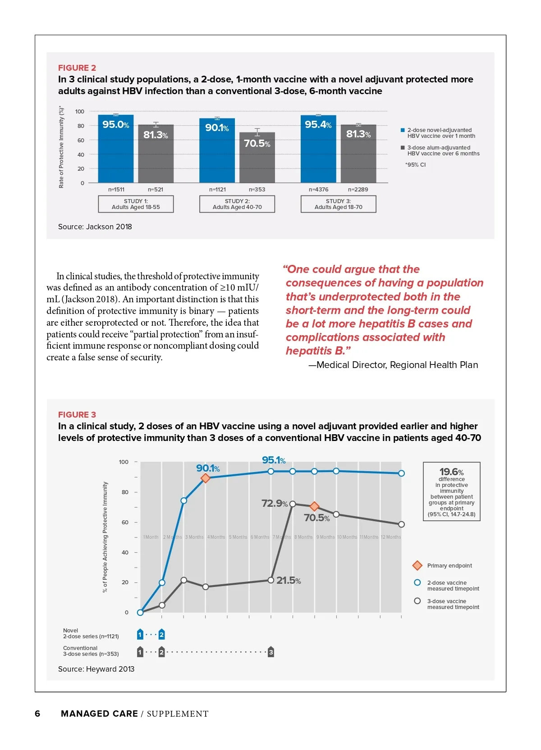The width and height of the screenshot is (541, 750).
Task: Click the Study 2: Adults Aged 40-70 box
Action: [237, 204]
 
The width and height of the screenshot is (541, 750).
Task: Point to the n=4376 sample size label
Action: [318, 190]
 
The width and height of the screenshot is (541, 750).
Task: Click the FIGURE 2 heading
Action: [77, 68]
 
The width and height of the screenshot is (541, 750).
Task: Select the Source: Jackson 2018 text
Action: [95, 227]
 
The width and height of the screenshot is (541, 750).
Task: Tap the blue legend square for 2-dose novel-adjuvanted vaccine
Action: [403, 130]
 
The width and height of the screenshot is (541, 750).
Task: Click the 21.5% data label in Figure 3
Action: [289, 581]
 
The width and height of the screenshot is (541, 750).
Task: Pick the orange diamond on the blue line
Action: [206, 478]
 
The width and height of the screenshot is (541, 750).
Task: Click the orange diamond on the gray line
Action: [315, 506]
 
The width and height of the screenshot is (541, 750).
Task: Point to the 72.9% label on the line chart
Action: [274, 503]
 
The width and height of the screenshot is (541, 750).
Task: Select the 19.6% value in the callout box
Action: [451, 472]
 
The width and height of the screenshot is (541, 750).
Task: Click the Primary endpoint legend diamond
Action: [417, 565]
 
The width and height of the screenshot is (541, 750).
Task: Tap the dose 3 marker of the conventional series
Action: [271, 652]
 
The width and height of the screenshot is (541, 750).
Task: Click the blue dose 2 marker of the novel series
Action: [162, 635]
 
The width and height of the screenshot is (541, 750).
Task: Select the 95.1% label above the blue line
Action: [274, 460]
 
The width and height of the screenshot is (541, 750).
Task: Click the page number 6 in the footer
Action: [37, 714]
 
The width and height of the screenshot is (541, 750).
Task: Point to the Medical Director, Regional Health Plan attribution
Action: [393, 365]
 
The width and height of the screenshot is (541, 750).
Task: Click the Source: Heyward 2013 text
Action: [96, 669]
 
